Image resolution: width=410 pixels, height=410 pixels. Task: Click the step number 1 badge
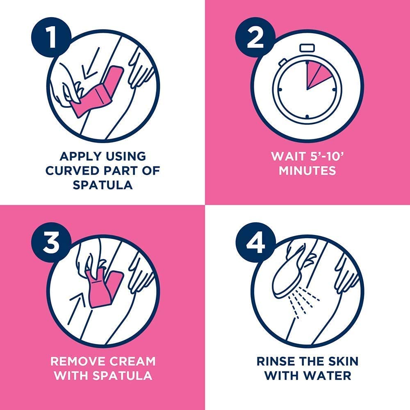(x=52, y=37)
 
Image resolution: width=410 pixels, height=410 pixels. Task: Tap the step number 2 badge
(x=255, y=37)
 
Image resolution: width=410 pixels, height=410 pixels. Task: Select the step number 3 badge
(x=52, y=242)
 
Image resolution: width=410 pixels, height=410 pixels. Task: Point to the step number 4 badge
(x=255, y=242)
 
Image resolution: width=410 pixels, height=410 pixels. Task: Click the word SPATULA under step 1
(x=102, y=185)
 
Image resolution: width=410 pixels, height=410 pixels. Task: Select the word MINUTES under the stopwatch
(x=307, y=171)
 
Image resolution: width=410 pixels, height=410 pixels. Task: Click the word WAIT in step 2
(x=286, y=156)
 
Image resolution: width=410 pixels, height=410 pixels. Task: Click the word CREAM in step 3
(x=132, y=361)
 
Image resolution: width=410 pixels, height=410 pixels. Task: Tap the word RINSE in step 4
(x=276, y=361)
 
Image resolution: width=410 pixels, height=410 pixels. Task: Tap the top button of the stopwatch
(x=307, y=48)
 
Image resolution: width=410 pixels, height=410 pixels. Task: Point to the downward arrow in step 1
(x=90, y=64)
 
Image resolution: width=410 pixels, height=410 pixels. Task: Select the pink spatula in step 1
(x=98, y=93)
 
